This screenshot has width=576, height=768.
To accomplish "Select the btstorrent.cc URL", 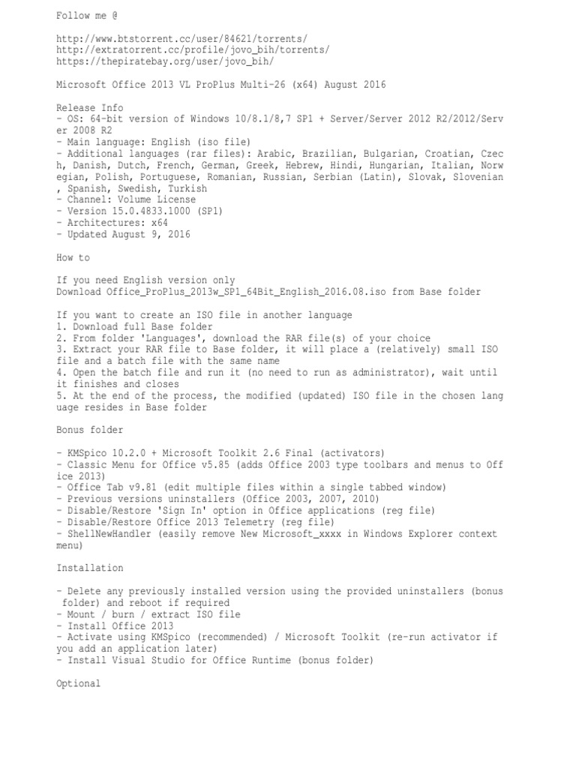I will pyautogui.click(x=181, y=37).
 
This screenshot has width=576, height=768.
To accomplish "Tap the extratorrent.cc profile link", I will pyautogui.click(x=193, y=49).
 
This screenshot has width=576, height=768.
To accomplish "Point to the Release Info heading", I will pyautogui.click(x=89, y=107).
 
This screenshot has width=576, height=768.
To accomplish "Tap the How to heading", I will pyautogui.click(x=73, y=257).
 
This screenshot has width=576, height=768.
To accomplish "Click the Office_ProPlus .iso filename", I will pyautogui.click(x=238, y=292).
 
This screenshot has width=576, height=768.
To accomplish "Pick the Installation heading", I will pyautogui.click(x=89, y=568).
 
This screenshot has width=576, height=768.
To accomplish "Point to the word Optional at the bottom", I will pyautogui.click(x=78, y=684).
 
